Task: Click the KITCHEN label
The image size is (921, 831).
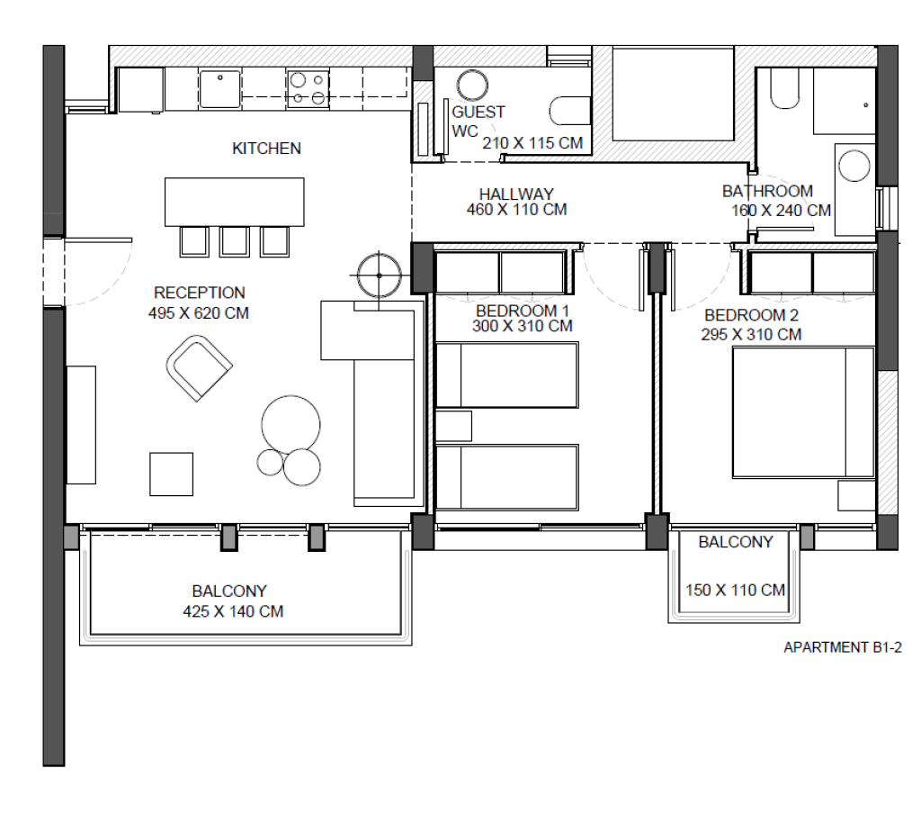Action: coord(266,149)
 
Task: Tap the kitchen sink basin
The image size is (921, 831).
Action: coord(219,89)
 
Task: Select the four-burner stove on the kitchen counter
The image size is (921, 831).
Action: coord(308,89)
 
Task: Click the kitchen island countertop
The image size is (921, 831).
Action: coord(235,202)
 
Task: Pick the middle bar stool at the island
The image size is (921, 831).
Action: coord(235,241)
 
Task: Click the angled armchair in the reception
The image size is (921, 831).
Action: coord(199,368)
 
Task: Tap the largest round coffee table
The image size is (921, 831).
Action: coord(291,425)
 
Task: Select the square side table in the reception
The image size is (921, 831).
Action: coord(172,474)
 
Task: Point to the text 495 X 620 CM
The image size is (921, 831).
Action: coord(199,313)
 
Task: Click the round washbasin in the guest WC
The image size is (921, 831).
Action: coord(472,86)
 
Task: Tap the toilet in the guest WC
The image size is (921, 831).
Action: coord(569,111)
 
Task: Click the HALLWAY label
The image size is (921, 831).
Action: coord(516,194)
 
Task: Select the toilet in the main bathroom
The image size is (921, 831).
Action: coord(784,88)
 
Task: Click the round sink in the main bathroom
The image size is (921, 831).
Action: coord(854,166)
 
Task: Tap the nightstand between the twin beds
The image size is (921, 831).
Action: coord(453,426)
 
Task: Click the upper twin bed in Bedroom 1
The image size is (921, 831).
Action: coord(507,375)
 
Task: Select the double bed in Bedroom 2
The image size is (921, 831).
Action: coord(803,412)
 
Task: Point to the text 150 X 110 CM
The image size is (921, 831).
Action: coord(736,590)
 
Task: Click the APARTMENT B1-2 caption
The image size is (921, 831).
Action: coord(843,647)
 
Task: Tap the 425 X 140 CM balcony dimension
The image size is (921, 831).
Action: coord(233,611)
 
